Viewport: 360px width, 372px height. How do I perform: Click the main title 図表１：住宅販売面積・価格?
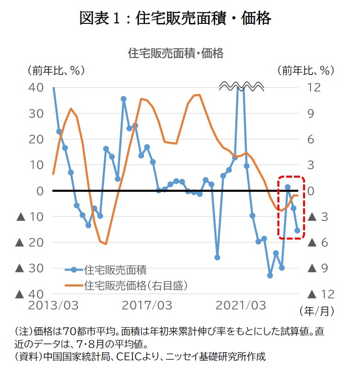pyautogui.click(x=175, y=18)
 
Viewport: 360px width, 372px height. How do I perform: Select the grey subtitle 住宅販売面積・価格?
pyautogui.click(x=176, y=53)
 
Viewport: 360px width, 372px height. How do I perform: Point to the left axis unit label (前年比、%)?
pyautogui.click(x=56, y=71)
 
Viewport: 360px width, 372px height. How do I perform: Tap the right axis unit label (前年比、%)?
pyautogui.click(x=306, y=71)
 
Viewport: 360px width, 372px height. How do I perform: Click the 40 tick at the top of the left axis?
pyautogui.click(x=36, y=88)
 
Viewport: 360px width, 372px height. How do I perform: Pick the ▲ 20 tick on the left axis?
pyautogui.click(x=29, y=243)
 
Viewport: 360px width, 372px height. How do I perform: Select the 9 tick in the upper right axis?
pyautogui.click(x=310, y=113)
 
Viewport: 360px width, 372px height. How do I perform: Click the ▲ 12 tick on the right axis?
pyautogui.click(x=321, y=294)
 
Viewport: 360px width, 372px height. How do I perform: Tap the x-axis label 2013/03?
pyautogui.click(x=53, y=305)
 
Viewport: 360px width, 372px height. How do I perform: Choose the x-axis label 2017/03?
pyautogui.click(x=147, y=305)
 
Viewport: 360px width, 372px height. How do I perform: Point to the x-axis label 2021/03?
pyautogui.click(x=241, y=305)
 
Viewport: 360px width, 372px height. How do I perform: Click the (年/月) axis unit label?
pyautogui.click(x=317, y=311)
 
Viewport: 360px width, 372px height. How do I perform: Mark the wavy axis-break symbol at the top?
pyautogui.click(x=241, y=86)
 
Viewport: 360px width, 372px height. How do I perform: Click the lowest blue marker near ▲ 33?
pyautogui.click(x=270, y=276)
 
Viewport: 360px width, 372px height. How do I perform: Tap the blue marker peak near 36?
pyautogui.click(x=123, y=99)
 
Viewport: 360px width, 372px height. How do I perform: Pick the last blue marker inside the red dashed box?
pyautogui.click(x=297, y=230)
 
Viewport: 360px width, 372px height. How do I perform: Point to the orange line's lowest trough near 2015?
pyautogui.click(x=105, y=244)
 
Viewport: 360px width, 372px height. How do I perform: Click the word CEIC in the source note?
pyautogui.click(x=127, y=356)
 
